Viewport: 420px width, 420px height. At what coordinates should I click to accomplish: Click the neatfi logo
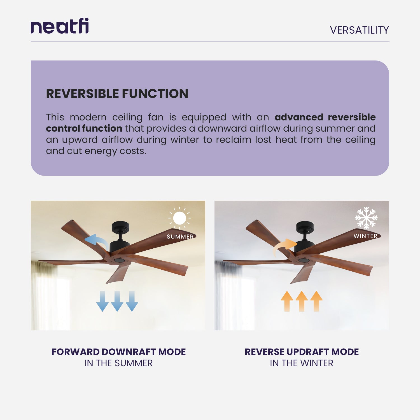click(60, 26)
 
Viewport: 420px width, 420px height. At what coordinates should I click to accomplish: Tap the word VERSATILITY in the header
click(359, 30)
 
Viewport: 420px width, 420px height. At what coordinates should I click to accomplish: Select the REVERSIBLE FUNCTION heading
click(117, 94)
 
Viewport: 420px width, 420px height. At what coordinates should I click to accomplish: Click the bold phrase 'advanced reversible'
click(325, 117)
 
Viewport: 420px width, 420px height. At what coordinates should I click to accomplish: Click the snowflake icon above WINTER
click(366, 218)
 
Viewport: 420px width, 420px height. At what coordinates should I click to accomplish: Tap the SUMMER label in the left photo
click(180, 237)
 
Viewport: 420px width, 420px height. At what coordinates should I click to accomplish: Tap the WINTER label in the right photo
click(365, 236)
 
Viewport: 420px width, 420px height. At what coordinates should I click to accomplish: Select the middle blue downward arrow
click(117, 301)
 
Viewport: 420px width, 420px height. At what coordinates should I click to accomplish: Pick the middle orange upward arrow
click(302, 301)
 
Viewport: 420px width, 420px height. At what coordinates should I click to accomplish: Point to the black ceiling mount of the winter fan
click(305, 226)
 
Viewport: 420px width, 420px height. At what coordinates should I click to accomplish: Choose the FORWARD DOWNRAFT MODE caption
click(118, 352)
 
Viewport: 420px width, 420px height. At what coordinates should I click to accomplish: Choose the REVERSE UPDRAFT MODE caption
click(302, 352)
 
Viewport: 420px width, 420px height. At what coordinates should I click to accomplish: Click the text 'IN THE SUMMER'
click(118, 363)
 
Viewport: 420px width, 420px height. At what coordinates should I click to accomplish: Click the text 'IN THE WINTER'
click(302, 363)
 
